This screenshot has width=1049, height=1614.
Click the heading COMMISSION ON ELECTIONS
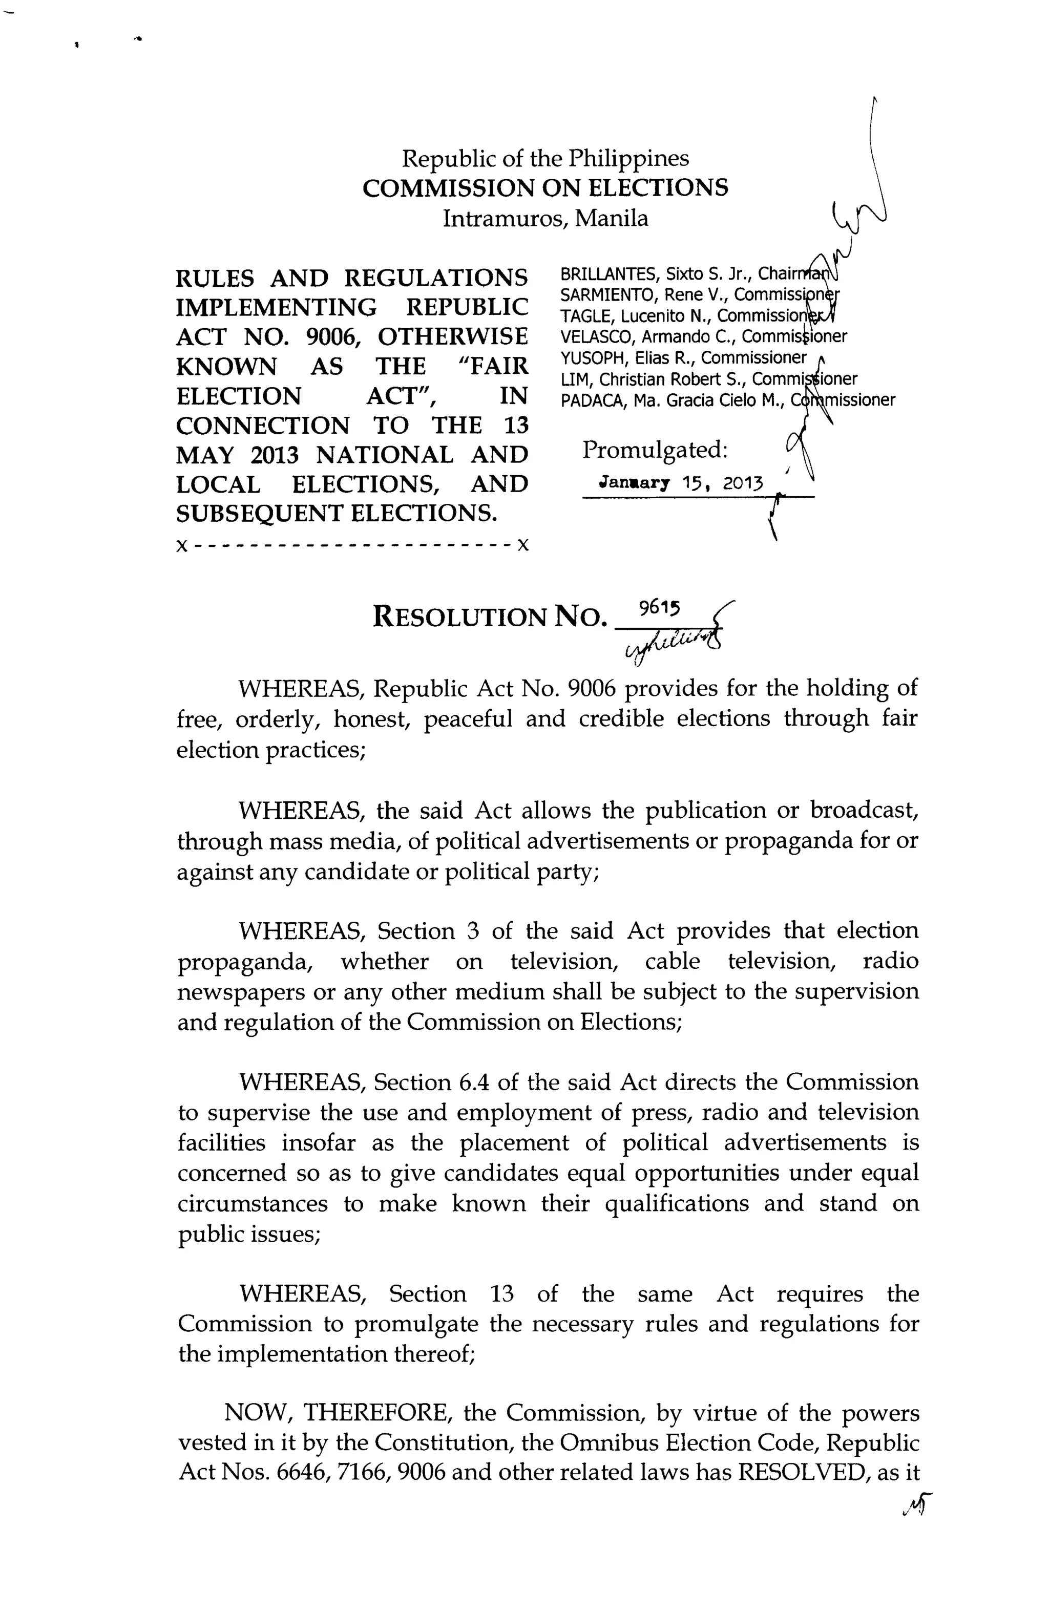(x=545, y=188)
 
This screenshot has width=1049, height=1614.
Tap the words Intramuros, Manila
(x=545, y=218)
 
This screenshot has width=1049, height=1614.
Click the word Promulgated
(x=655, y=450)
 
